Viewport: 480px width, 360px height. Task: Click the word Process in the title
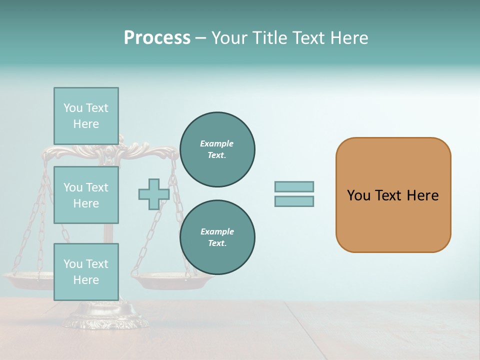[157, 38]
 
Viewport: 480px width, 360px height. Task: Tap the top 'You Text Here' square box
[86, 116]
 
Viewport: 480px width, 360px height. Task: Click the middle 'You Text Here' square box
[86, 195]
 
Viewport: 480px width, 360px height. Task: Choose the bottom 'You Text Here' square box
[86, 272]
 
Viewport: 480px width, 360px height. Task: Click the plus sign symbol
[153, 194]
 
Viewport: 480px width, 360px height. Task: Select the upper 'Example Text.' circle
[217, 149]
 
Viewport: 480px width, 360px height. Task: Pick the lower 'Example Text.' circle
[217, 237]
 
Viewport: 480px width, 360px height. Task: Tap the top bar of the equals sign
[294, 186]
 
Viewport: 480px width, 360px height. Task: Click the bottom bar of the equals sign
[294, 201]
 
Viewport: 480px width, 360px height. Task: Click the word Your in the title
[229, 38]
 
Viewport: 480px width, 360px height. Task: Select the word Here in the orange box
[422, 195]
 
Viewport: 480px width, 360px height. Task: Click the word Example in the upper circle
[216, 143]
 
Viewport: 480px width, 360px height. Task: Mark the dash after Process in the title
[200, 38]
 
